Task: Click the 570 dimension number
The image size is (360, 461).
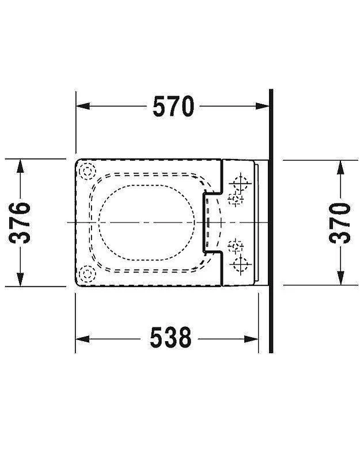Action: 173,106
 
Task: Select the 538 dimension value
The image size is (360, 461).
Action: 170,338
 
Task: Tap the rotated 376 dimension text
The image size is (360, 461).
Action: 20,223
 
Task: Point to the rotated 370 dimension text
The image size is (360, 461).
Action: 340,223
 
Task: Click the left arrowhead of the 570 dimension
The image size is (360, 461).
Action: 83,106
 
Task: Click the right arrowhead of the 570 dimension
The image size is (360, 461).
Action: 262,106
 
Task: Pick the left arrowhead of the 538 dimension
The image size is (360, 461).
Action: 82,339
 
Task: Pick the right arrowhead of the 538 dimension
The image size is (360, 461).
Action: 251,339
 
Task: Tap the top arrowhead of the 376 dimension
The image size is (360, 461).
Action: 20,166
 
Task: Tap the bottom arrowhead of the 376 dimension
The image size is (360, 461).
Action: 20,279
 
